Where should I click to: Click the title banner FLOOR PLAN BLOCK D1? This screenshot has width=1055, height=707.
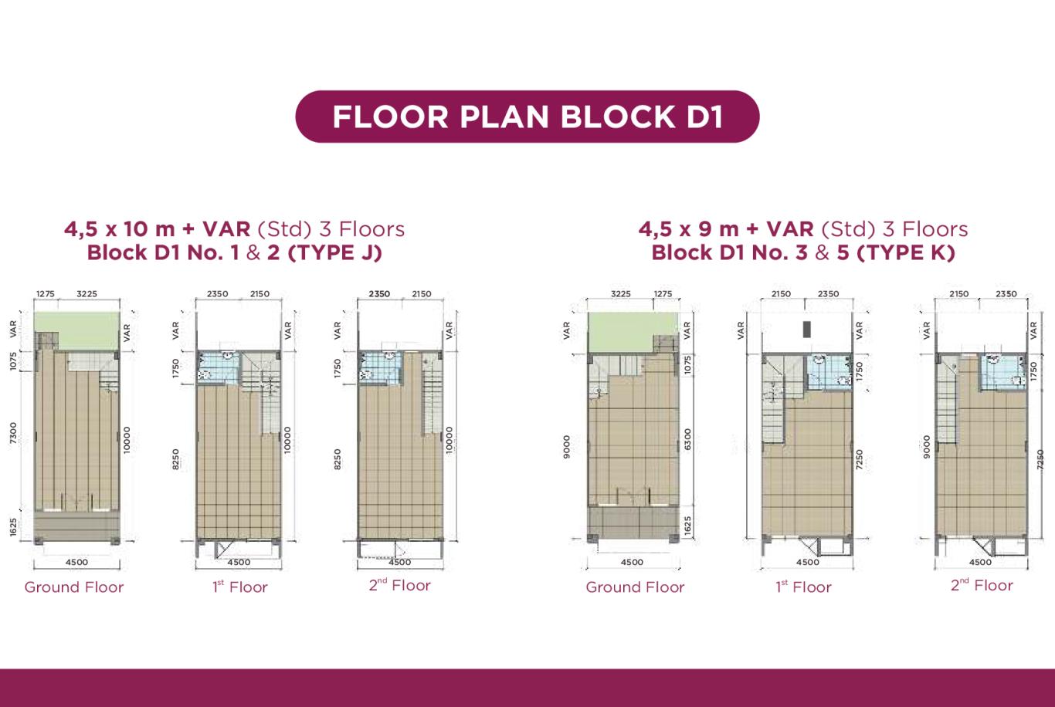tap(527, 117)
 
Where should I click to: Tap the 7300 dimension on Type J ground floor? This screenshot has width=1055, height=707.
tap(13, 432)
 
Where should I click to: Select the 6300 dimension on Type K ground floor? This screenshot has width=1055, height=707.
tap(687, 438)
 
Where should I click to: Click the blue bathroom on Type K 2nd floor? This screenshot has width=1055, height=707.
tap(1003, 372)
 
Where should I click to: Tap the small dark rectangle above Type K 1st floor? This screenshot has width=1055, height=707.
tap(807, 329)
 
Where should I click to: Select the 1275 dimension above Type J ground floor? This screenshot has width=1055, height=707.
tap(46, 294)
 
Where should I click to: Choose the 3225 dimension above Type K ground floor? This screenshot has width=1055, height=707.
tap(621, 294)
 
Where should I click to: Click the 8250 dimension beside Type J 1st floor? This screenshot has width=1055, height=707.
tap(175, 459)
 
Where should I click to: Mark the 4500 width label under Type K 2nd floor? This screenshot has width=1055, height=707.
tap(980, 562)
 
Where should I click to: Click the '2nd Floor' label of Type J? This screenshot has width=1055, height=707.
tap(400, 585)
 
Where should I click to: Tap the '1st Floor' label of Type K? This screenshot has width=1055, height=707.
tap(803, 587)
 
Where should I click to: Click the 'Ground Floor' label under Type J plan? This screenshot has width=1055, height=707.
tap(74, 587)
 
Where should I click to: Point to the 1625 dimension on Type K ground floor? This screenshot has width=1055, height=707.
tap(687, 526)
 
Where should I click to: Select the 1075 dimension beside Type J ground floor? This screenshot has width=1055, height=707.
tap(13, 361)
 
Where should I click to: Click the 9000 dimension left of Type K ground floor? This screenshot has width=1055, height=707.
tap(567, 446)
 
